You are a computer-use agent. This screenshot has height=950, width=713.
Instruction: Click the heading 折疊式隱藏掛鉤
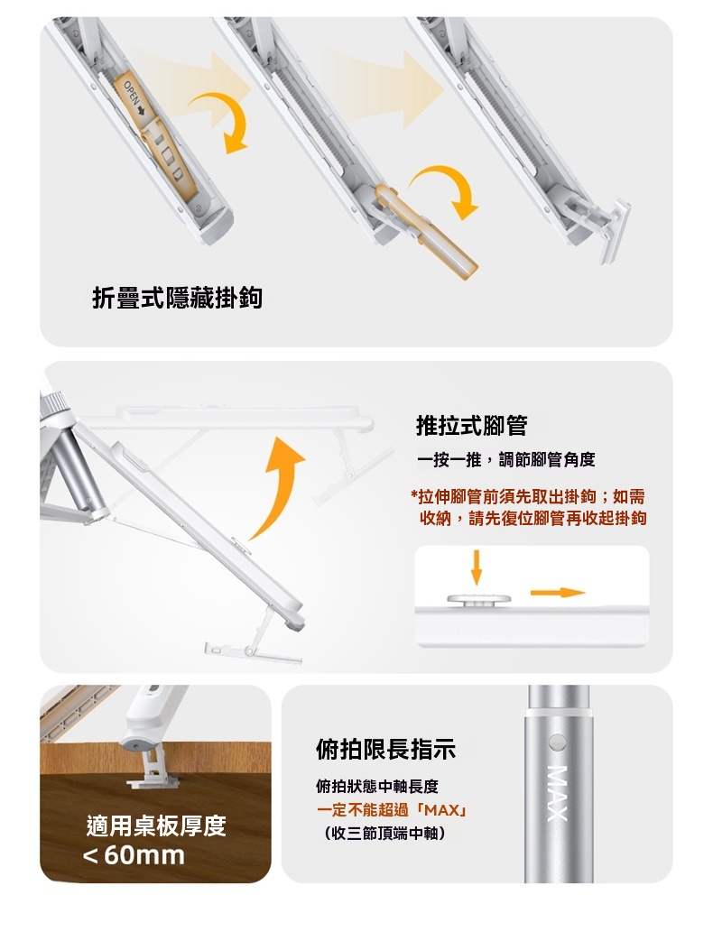click(177, 298)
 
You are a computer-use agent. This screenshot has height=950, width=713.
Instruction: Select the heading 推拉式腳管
click(472, 425)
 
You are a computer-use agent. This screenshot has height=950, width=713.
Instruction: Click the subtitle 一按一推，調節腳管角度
click(506, 460)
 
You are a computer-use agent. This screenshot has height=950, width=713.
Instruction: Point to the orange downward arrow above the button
click(477, 567)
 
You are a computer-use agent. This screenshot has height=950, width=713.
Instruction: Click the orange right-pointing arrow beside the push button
click(558, 593)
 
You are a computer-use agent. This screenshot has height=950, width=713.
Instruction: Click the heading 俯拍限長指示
click(385, 750)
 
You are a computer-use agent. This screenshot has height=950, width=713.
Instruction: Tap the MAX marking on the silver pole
click(557, 794)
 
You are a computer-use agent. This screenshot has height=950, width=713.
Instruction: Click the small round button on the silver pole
click(557, 742)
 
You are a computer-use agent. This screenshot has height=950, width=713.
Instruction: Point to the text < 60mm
click(134, 855)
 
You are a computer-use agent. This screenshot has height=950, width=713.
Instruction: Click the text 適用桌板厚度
click(156, 825)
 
